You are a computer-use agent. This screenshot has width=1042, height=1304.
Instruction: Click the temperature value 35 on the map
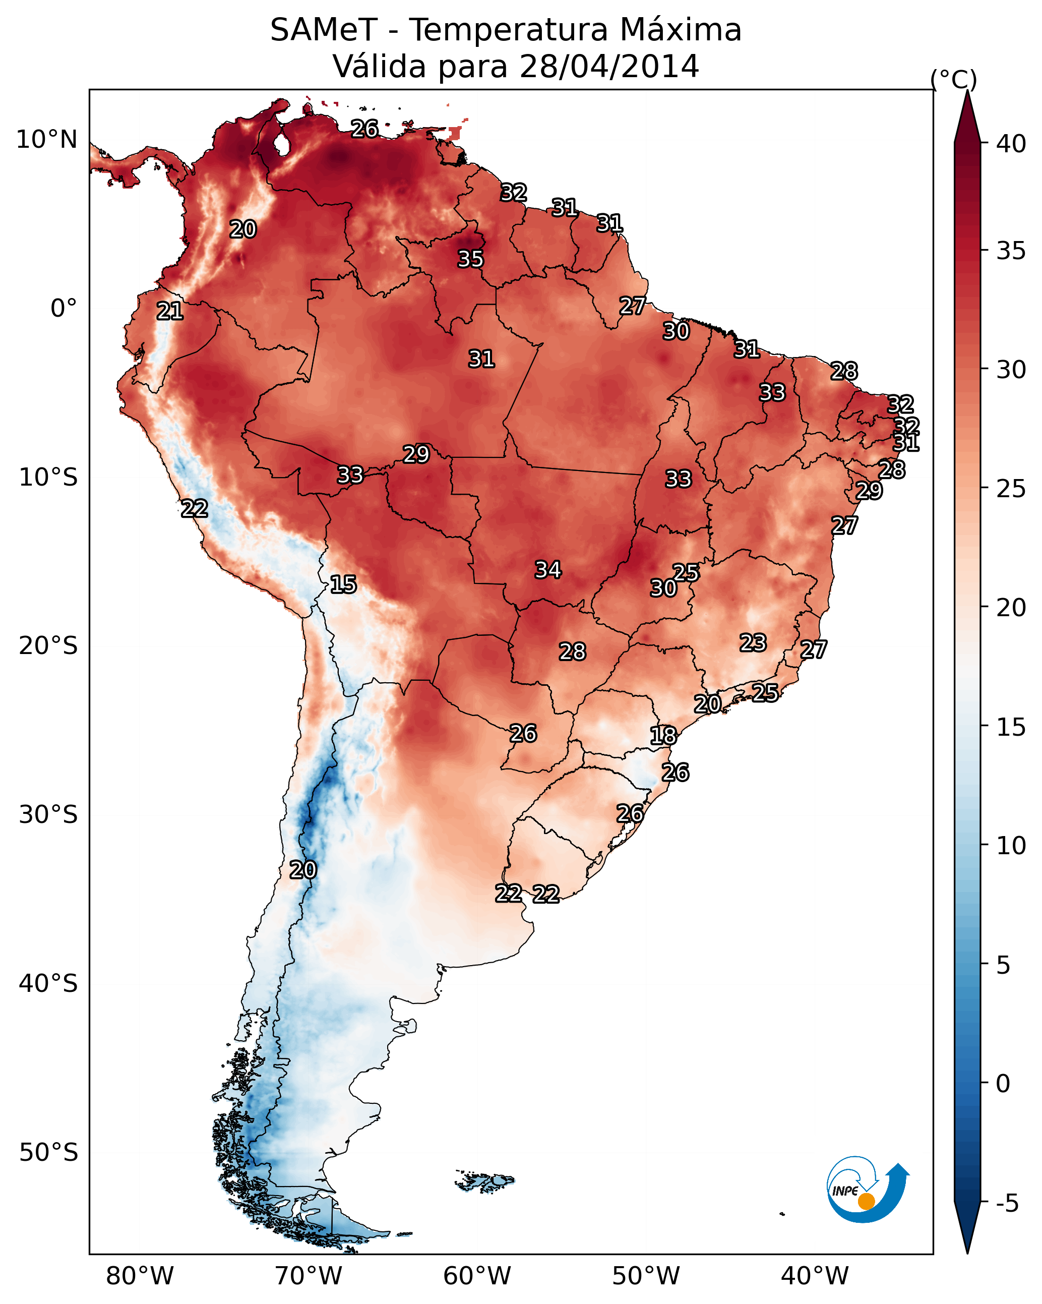point(470,259)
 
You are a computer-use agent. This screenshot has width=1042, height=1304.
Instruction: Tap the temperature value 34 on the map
point(548,570)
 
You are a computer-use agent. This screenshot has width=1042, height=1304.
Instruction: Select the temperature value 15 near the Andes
point(343,584)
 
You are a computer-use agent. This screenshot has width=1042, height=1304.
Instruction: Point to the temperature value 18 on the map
point(663,736)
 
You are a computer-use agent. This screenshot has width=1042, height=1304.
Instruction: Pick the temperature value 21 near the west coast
point(170,311)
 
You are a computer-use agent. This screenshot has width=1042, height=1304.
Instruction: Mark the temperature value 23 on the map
point(753,642)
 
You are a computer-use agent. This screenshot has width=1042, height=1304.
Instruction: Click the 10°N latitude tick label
point(46,140)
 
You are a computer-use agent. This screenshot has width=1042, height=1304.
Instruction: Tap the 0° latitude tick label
point(64,309)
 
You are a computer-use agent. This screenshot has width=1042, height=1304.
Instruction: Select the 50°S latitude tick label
point(48,1153)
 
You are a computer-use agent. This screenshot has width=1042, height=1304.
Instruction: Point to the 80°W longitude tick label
point(140,1276)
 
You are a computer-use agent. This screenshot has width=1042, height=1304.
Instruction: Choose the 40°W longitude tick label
point(815,1276)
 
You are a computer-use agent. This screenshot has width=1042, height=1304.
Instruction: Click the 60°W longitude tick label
point(477,1276)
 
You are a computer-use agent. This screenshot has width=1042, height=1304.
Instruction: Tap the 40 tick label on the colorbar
point(1011,144)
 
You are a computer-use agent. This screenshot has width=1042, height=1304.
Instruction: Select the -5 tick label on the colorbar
point(1007,1204)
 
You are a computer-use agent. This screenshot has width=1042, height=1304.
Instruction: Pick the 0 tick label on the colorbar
point(1003,1084)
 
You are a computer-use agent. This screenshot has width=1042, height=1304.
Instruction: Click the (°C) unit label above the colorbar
point(953,79)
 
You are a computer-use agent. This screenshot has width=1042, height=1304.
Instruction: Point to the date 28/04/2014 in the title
point(609,67)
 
